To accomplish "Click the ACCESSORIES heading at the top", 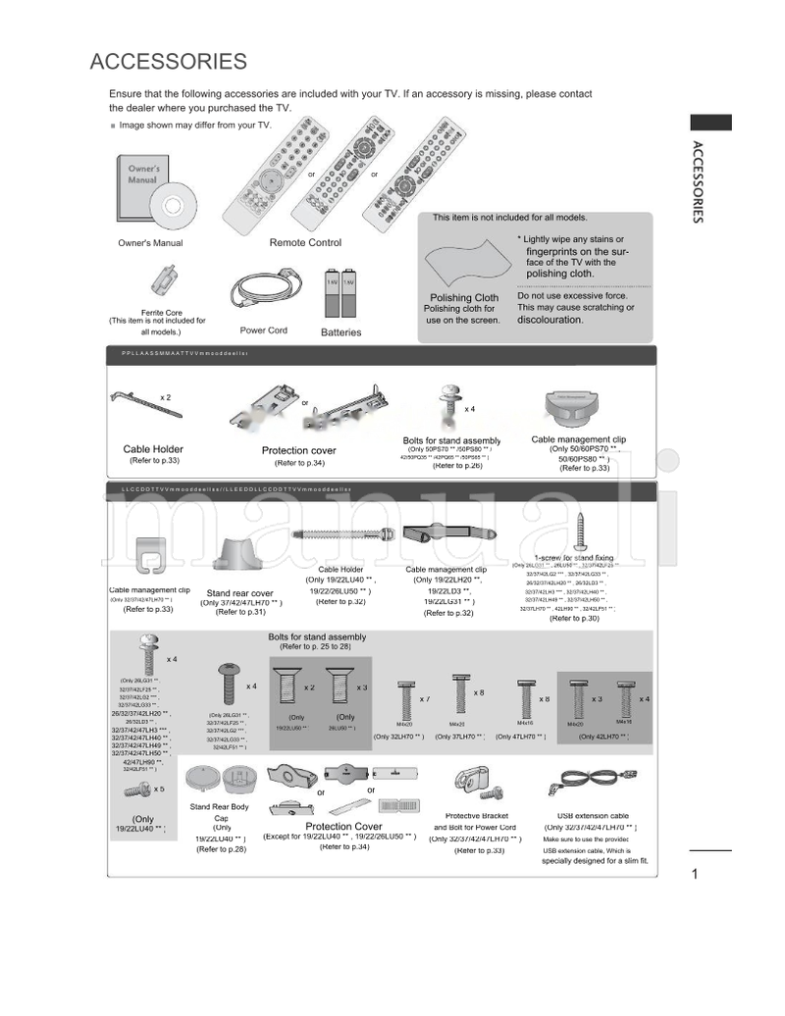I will point(168,62).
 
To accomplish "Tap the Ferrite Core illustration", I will point(166,280).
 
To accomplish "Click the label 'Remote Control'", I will point(305,242).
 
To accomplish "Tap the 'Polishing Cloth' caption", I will point(464,298).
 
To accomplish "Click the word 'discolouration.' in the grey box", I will point(549,320).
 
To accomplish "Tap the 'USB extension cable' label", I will point(593,816).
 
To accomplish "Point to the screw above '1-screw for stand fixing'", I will point(580,530).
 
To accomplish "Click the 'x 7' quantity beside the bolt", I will point(425,699).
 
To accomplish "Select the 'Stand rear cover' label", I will point(239,593).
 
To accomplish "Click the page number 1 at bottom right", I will point(694,875).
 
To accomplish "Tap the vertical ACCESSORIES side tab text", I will point(697,182).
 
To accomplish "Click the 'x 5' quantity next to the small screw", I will point(159,788).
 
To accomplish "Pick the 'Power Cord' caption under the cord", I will point(263,330).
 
